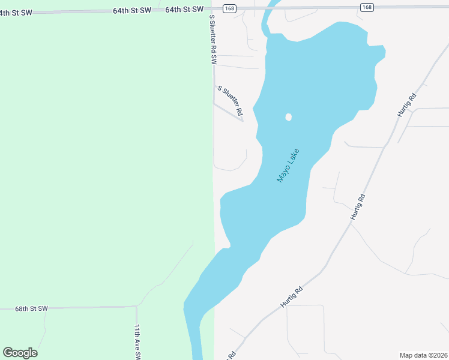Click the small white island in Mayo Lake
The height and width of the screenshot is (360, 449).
288,117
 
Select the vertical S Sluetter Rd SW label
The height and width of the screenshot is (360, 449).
212,40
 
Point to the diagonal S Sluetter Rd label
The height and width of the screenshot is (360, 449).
231,100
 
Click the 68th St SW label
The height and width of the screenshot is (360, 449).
31,308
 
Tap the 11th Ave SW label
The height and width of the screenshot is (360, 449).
137,342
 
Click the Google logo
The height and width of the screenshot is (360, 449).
20,353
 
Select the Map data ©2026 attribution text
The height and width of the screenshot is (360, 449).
423,355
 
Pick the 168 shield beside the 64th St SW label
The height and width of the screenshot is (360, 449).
229,7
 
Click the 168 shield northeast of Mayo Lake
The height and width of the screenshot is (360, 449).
367,7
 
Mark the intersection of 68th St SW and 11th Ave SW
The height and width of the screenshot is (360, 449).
136,307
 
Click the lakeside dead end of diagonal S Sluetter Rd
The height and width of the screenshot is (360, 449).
243,121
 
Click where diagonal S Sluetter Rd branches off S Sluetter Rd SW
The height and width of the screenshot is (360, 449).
214,103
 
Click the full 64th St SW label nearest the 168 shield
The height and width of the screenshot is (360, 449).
184,10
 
